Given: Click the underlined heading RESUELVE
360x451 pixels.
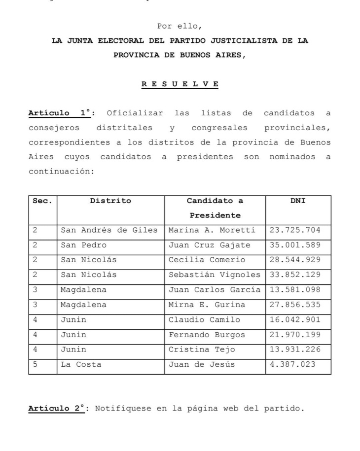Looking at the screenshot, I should [x=180, y=84].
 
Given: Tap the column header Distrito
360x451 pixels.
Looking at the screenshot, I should [x=110, y=201].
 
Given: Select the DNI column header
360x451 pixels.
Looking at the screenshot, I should [x=298, y=201].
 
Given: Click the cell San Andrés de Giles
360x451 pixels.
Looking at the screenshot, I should [x=109, y=230].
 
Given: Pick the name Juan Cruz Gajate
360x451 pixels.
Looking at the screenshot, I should [x=210, y=245].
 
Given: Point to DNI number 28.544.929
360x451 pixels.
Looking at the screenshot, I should [x=295, y=260].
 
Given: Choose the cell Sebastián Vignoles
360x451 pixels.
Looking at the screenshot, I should [x=215, y=275].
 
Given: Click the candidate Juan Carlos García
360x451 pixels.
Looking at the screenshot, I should [x=215, y=290].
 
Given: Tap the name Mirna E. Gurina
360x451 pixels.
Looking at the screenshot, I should [x=207, y=305].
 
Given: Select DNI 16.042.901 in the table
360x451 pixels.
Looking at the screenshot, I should [x=295, y=320].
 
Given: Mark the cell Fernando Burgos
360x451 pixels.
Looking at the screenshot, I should [x=207, y=335].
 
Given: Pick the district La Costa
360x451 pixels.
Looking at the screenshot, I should [x=81, y=365].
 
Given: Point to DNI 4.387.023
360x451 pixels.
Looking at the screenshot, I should [x=292, y=365].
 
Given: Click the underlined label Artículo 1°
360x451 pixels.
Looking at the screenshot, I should [x=60, y=113].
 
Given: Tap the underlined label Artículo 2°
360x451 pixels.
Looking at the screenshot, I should [x=56, y=408].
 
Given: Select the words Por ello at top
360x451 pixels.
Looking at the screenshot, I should [x=180, y=26].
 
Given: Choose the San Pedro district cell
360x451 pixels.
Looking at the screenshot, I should [x=83, y=245].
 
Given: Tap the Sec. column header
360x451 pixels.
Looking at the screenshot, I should [x=42, y=201].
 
